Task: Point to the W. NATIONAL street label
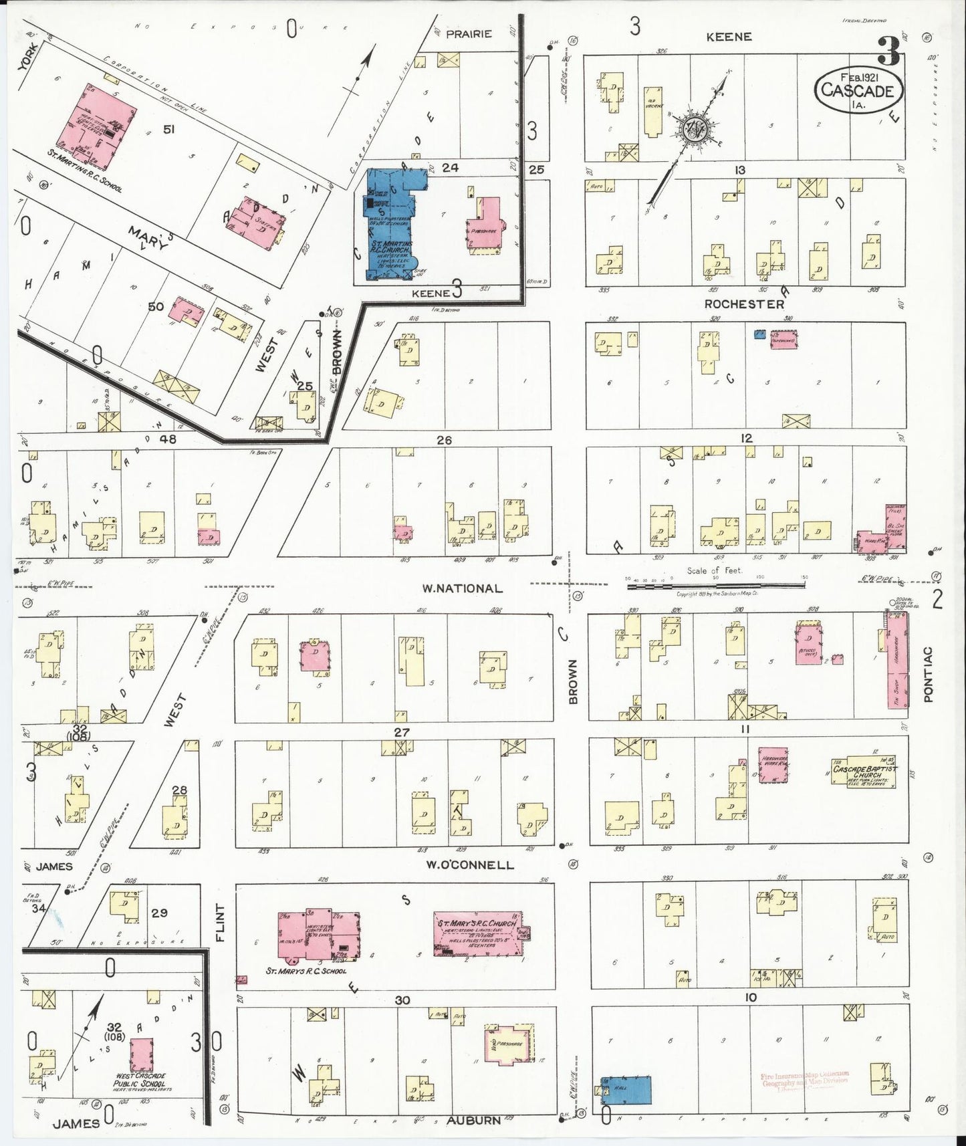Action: [462, 588]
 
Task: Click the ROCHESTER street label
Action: [743, 304]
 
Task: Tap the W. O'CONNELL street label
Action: [471, 865]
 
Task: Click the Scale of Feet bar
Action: [715, 585]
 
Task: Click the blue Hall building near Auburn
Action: [626, 1089]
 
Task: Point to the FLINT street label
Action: [221, 923]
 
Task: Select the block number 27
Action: [401, 732]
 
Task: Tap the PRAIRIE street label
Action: [469, 33]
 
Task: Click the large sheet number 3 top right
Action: [889, 50]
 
